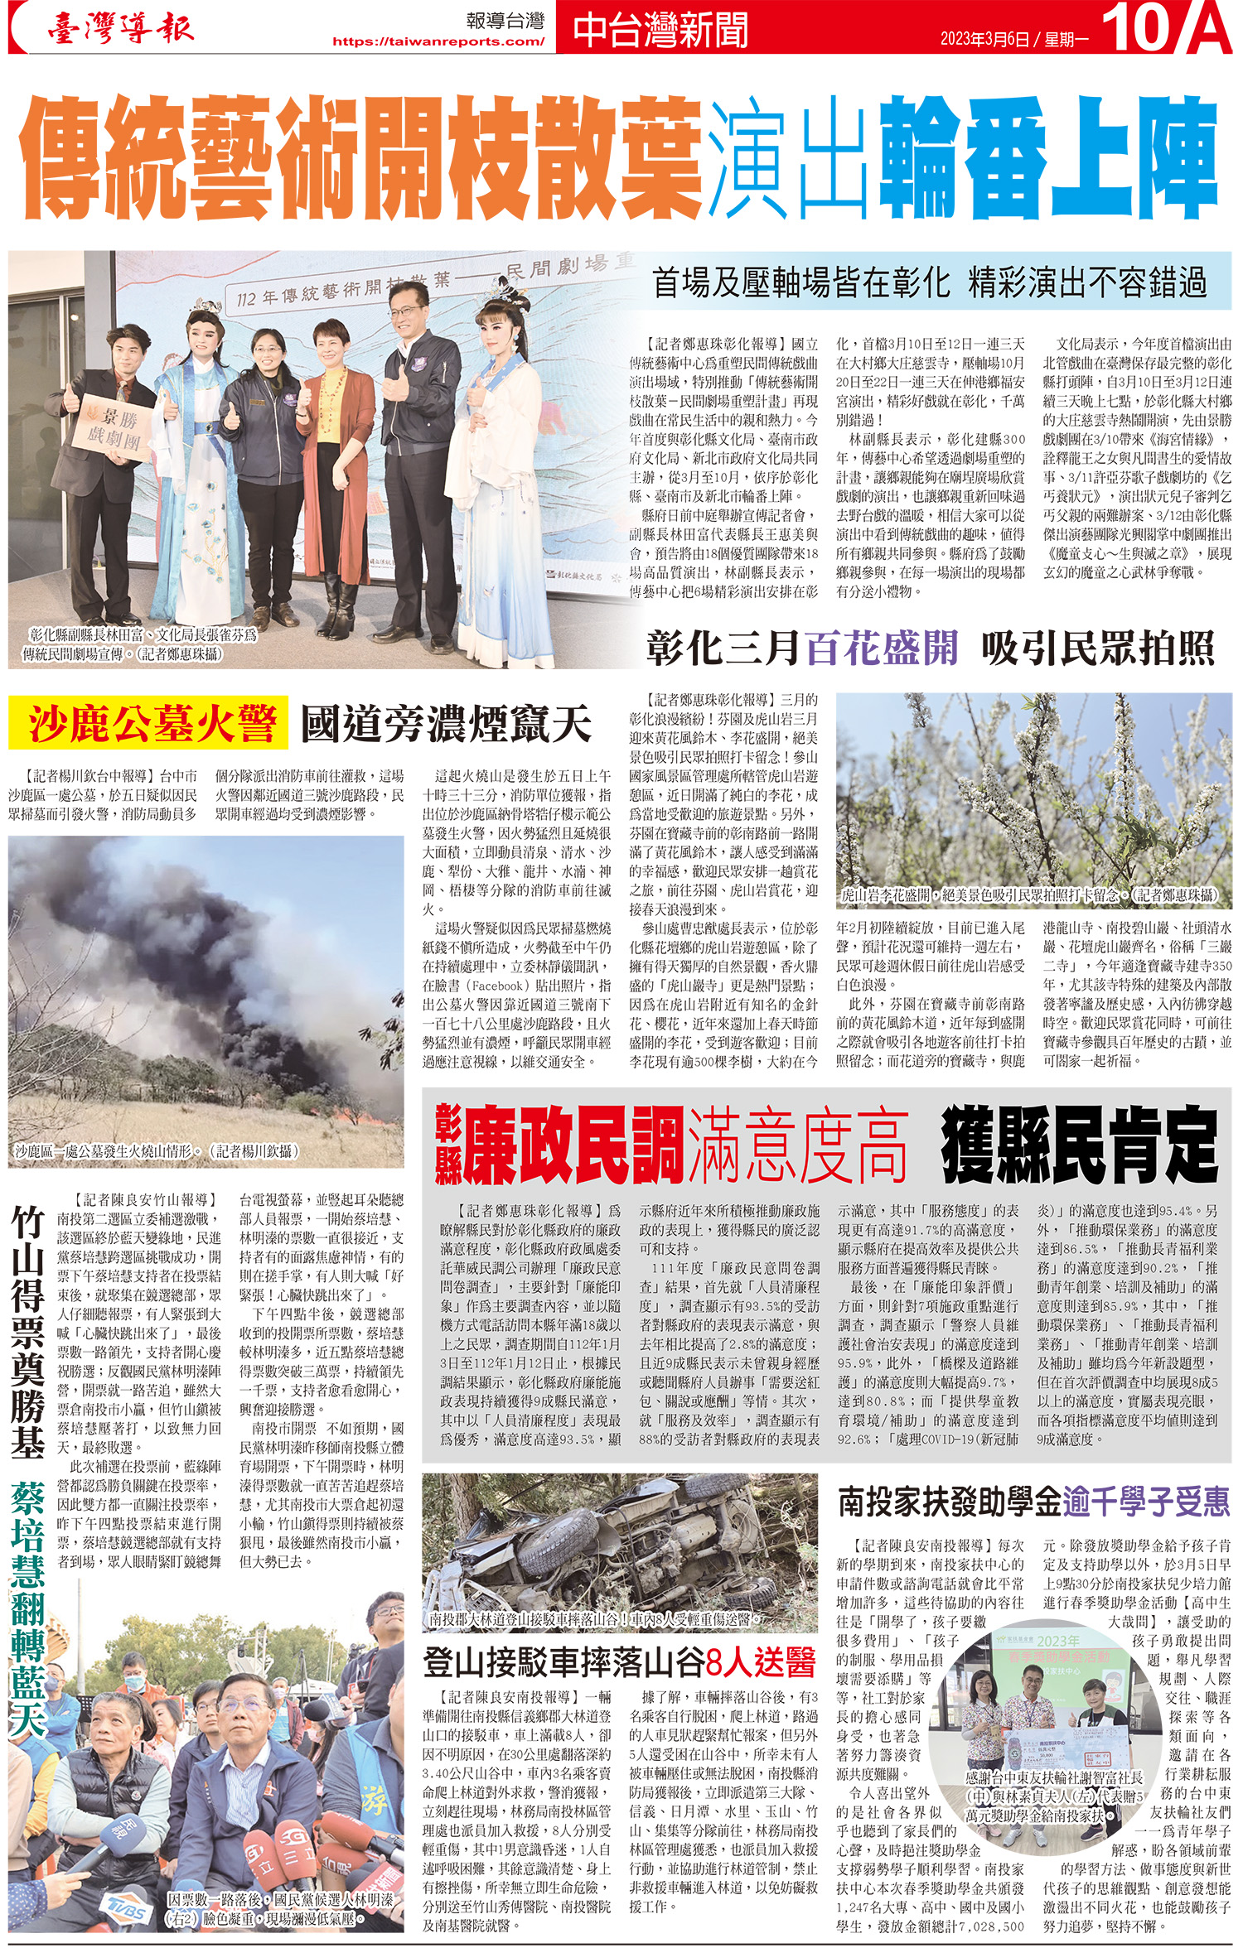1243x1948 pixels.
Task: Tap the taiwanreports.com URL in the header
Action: [438, 41]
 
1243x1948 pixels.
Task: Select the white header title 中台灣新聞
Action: [660, 30]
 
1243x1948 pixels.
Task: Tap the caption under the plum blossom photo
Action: [1028, 894]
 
